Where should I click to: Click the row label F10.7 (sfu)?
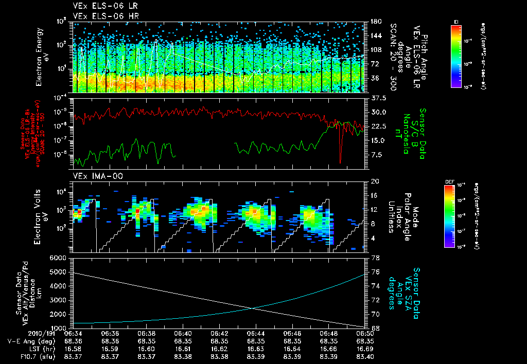point(23,356)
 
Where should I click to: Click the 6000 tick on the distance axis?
point(61,258)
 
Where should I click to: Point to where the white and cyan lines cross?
point(254,308)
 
